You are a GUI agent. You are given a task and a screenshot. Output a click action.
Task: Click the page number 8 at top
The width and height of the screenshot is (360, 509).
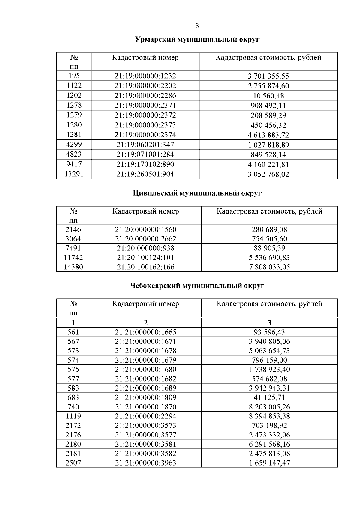click(197, 26)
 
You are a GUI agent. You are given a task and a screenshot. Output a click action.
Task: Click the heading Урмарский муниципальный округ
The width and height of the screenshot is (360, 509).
click(197, 40)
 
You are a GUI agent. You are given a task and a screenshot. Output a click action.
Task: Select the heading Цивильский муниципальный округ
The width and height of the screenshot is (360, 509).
click(197, 193)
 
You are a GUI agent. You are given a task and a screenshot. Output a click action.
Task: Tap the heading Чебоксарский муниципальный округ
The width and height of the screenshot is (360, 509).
click(197, 286)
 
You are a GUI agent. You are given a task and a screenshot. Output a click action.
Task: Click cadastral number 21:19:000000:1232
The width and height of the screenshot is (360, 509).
click(145, 76)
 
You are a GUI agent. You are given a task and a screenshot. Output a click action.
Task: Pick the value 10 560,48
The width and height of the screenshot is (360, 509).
click(268, 96)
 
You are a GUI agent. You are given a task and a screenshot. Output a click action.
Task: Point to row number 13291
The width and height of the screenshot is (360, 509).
click(74, 174)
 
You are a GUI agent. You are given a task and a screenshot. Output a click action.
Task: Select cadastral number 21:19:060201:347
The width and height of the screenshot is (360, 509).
click(145, 145)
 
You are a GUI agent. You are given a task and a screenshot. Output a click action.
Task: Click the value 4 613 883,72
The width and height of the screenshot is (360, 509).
click(268, 135)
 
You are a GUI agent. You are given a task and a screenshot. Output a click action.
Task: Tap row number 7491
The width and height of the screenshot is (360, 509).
click(73, 248)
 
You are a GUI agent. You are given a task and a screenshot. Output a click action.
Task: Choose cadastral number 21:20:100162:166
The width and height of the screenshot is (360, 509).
click(145, 267)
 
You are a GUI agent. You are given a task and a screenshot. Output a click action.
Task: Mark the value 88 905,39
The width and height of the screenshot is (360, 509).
click(269, 248)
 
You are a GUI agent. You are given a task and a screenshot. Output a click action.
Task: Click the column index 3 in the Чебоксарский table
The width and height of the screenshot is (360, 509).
click(269, 323)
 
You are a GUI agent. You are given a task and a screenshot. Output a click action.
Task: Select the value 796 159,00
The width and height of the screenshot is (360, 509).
click(269, 360)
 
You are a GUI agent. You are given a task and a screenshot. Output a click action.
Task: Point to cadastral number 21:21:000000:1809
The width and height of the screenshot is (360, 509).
click(145, 397)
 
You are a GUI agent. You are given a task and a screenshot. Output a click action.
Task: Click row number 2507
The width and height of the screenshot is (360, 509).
click(73, 463)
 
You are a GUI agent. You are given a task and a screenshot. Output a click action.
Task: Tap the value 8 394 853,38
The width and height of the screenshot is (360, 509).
click(269, 416)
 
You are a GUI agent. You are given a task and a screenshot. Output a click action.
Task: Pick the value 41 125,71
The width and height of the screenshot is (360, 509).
click(269, 397)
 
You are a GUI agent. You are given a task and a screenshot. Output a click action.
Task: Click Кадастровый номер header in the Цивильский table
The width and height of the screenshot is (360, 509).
click(145, 211)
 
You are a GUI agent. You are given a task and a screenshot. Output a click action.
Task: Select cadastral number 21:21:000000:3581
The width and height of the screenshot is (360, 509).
click(145, 444)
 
